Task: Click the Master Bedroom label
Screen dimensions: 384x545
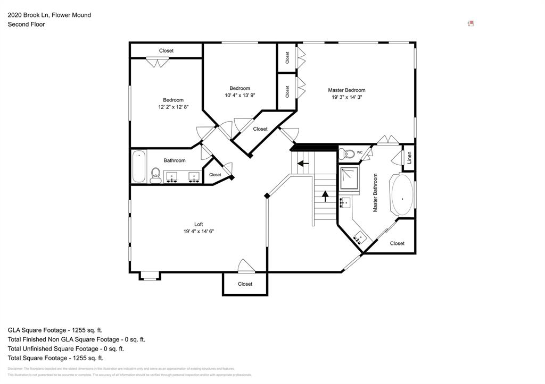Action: coord(346,90)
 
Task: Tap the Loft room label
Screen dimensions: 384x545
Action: coord(199,224)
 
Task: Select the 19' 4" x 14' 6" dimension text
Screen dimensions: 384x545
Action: coord(199,232)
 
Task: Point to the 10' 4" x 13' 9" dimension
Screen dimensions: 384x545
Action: coord(240,96)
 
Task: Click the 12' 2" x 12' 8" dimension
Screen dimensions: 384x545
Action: coord(173,107)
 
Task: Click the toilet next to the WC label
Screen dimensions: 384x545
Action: coord(348,154)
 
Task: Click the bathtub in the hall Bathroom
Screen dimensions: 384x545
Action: coord(139,166)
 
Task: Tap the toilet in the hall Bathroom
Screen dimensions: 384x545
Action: coord(155,175)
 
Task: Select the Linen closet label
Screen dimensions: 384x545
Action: coord(409,158)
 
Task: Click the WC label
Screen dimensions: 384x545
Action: coord(360,152)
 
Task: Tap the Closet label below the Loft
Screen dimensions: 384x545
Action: coord(245,284)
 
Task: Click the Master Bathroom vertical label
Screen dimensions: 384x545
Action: coord(375,193)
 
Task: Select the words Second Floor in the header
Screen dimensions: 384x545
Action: coord(26,24)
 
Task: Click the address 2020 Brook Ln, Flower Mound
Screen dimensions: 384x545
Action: coord(49,15)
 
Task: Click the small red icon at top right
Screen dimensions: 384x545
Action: coord(470,23)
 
